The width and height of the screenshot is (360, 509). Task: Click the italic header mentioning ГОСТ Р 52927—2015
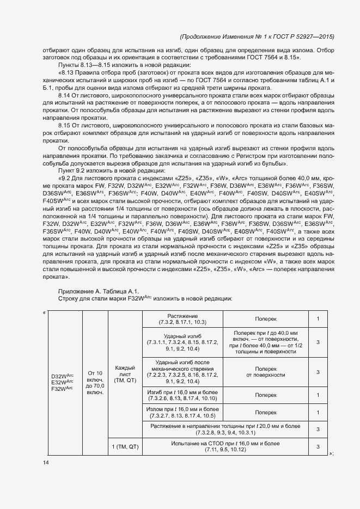(x=257, y=36)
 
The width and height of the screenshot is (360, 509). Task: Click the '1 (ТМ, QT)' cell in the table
(x=125, y=446)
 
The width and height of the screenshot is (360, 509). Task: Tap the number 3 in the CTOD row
(x=318, y=446)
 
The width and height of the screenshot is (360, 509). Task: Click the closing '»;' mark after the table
(x=331, y=453)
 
